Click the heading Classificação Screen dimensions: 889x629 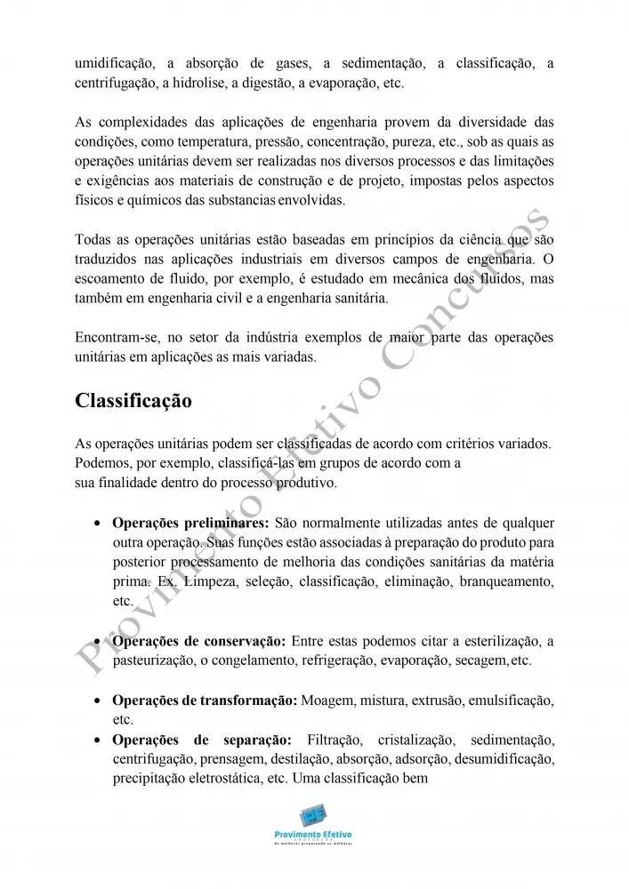pyautogui.click(x=133, y=401)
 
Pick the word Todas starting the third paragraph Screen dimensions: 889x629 pyautogui.click(x=93, y=240)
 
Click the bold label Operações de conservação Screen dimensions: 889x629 pyautogui.click(x=198, y=642)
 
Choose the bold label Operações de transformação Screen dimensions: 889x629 pyautogui.click(x=205, y=701)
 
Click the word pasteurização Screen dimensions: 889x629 pyautogui.click(x=156, y=661)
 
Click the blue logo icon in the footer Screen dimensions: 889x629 pyautogui.click(x=313, y=816)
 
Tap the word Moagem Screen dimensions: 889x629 pyautogui.click(x=326, y=701)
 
